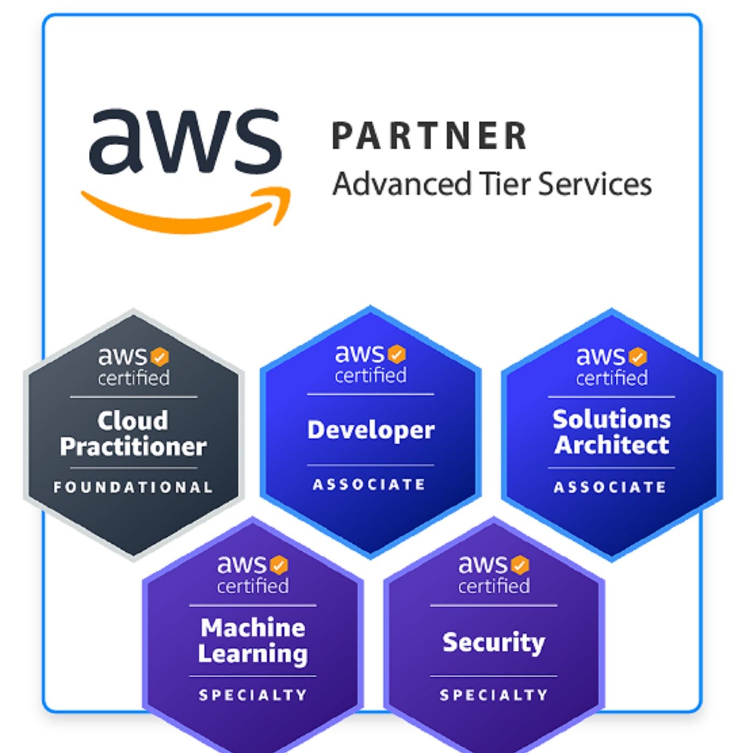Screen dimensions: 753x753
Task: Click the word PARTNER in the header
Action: (x=429, y=136)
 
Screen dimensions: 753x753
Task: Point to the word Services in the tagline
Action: (x=595, y=184)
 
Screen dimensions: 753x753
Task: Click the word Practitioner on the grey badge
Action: (x=133, y=446)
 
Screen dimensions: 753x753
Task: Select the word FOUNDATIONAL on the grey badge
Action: (x=133, y=487)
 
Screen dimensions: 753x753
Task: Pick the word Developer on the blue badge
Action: (x=371, y=430)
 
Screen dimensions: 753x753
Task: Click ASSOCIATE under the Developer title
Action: (x=370, y=485)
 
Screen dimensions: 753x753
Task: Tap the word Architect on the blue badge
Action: (x=612, y=445)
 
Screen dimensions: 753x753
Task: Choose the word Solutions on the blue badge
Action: (x=612, y=419)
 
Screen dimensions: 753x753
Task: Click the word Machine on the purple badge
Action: (x=253, y=627)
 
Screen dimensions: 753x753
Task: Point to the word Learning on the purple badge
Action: (x=253, y=653)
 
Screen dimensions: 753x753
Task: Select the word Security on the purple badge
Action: (x=494, y=642)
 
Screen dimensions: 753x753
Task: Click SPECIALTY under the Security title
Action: (x=494, y=695)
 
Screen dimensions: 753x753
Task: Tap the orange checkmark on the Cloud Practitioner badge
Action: (x=159, y=357)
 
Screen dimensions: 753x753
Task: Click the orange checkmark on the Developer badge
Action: (x=396, y=354)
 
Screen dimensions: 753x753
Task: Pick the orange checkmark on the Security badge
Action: (x=520, y=565)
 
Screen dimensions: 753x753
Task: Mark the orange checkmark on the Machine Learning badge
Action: (x=279, y=565)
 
